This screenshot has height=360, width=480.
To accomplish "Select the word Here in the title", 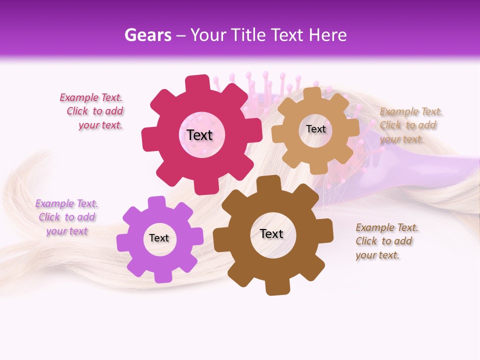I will coord(327,35).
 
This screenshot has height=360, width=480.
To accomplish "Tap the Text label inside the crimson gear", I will coord(199,135).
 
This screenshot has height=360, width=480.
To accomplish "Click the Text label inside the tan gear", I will coord(315,129).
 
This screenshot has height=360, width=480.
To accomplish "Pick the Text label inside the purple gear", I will coord(159,238).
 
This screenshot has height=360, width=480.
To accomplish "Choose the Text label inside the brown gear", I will coord(271,233).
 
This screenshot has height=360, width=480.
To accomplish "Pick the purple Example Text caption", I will coord(66,217).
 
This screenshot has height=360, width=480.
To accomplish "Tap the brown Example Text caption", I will coord(386,241).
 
